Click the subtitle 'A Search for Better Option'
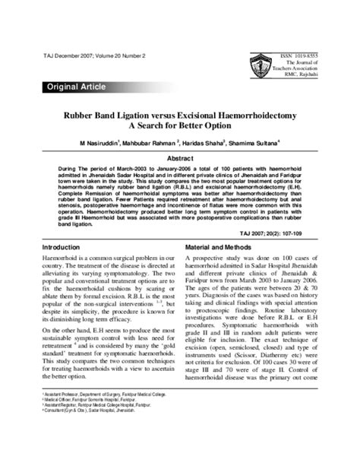pos(180,125)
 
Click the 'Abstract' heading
pos(180,157)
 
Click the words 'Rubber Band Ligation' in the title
pos(112,112)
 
